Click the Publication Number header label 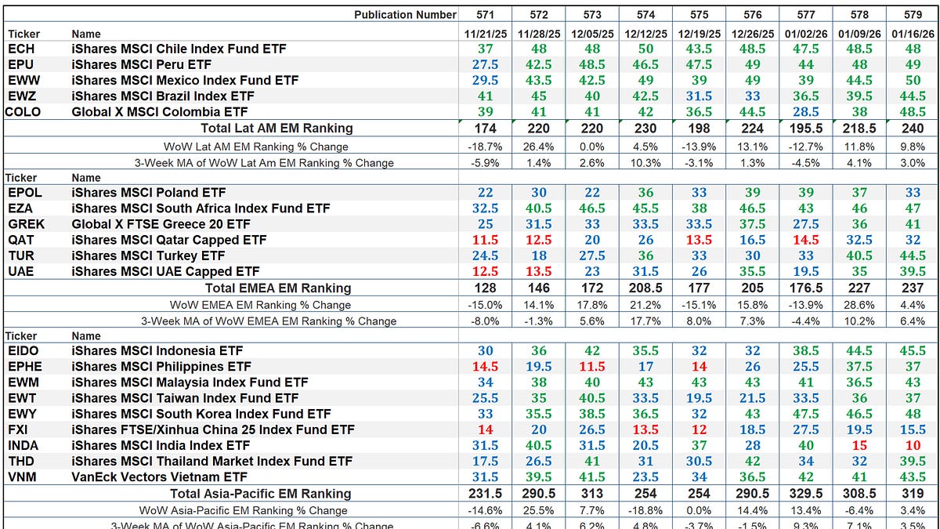(x=404, y=14)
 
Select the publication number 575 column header (x=699, y=14)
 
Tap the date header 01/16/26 (x=912, y=34)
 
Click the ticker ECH (x=21, y=49)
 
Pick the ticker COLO (x=23, y=111)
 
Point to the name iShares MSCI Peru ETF (x=141, y=64)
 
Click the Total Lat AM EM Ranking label (x=277, y=128)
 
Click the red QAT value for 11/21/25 (x=486, y=240)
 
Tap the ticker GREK (x=27, y=224)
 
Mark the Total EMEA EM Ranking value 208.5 (x=645, y=288)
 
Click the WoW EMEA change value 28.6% (x=859, y=304)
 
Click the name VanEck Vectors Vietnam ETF (x=159, y=476)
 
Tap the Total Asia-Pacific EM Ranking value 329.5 (x=805, y=493)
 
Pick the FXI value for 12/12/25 (x=645, y=429)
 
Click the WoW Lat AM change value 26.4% (x=539, y=146)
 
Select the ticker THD (x=22, y=461)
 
